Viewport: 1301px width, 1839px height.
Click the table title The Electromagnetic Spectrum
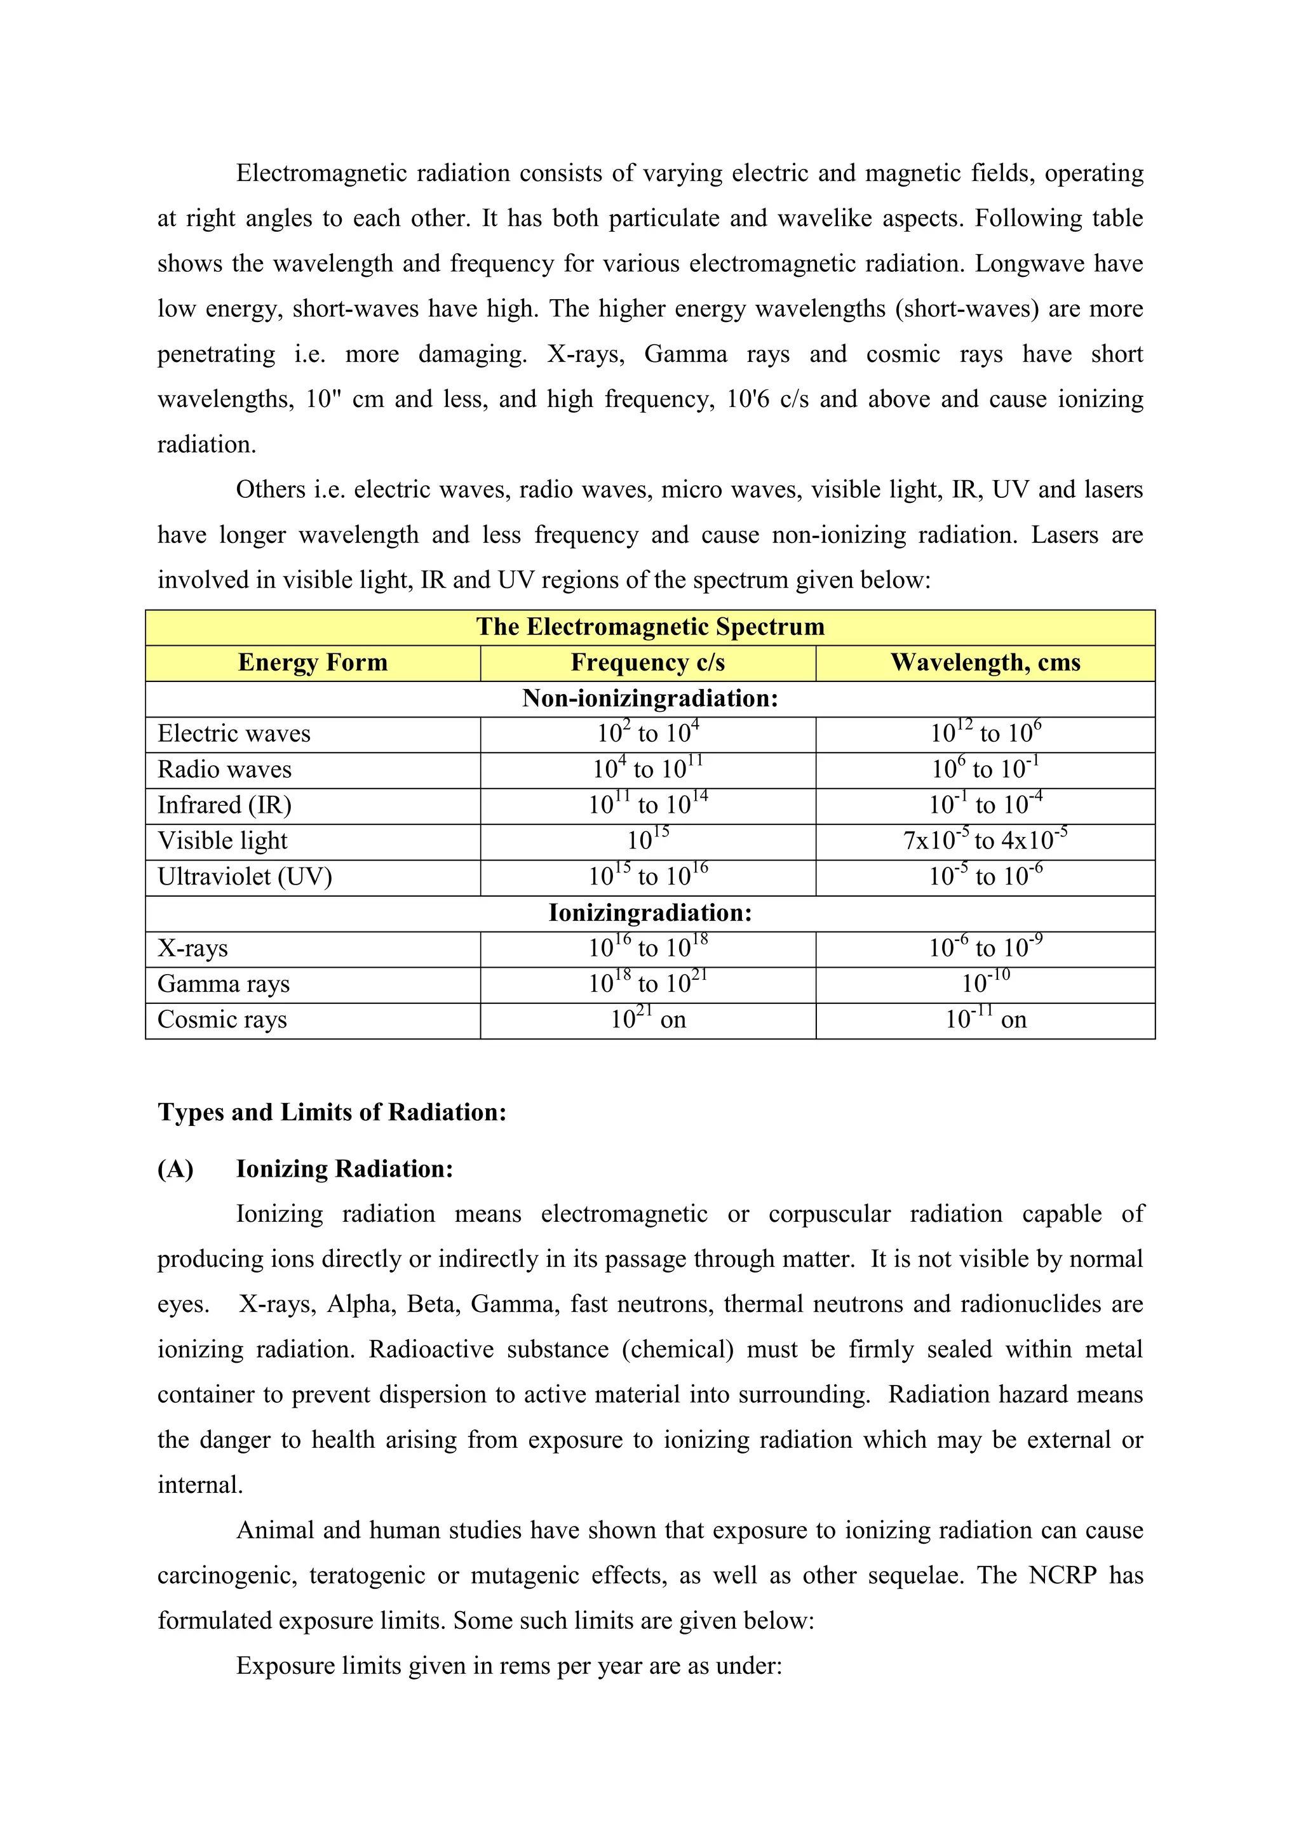click(650, 626)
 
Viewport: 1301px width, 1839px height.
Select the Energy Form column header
click(313, 662)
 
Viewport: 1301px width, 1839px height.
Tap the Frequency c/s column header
click(647, 662)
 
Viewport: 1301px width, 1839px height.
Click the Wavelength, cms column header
click(985, 662)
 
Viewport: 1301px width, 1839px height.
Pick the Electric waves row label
click(234, 733)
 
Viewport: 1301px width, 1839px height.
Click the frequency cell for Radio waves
click(647, 770)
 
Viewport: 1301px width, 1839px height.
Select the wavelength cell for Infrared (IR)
click(985, 805)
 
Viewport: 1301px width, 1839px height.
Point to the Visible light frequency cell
click(647, 841)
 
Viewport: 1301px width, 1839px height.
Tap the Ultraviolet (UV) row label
click(245, 877)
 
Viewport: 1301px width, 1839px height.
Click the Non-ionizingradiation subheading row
click(650, 699)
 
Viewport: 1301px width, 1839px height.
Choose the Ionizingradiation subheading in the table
click(650, 913)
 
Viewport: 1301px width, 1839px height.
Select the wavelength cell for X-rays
click(985, 948)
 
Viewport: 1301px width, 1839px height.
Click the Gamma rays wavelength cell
click(985, 984)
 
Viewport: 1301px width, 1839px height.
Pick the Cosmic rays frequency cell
click(647, 1020)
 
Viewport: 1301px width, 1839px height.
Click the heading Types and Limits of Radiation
click(332, 1112)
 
